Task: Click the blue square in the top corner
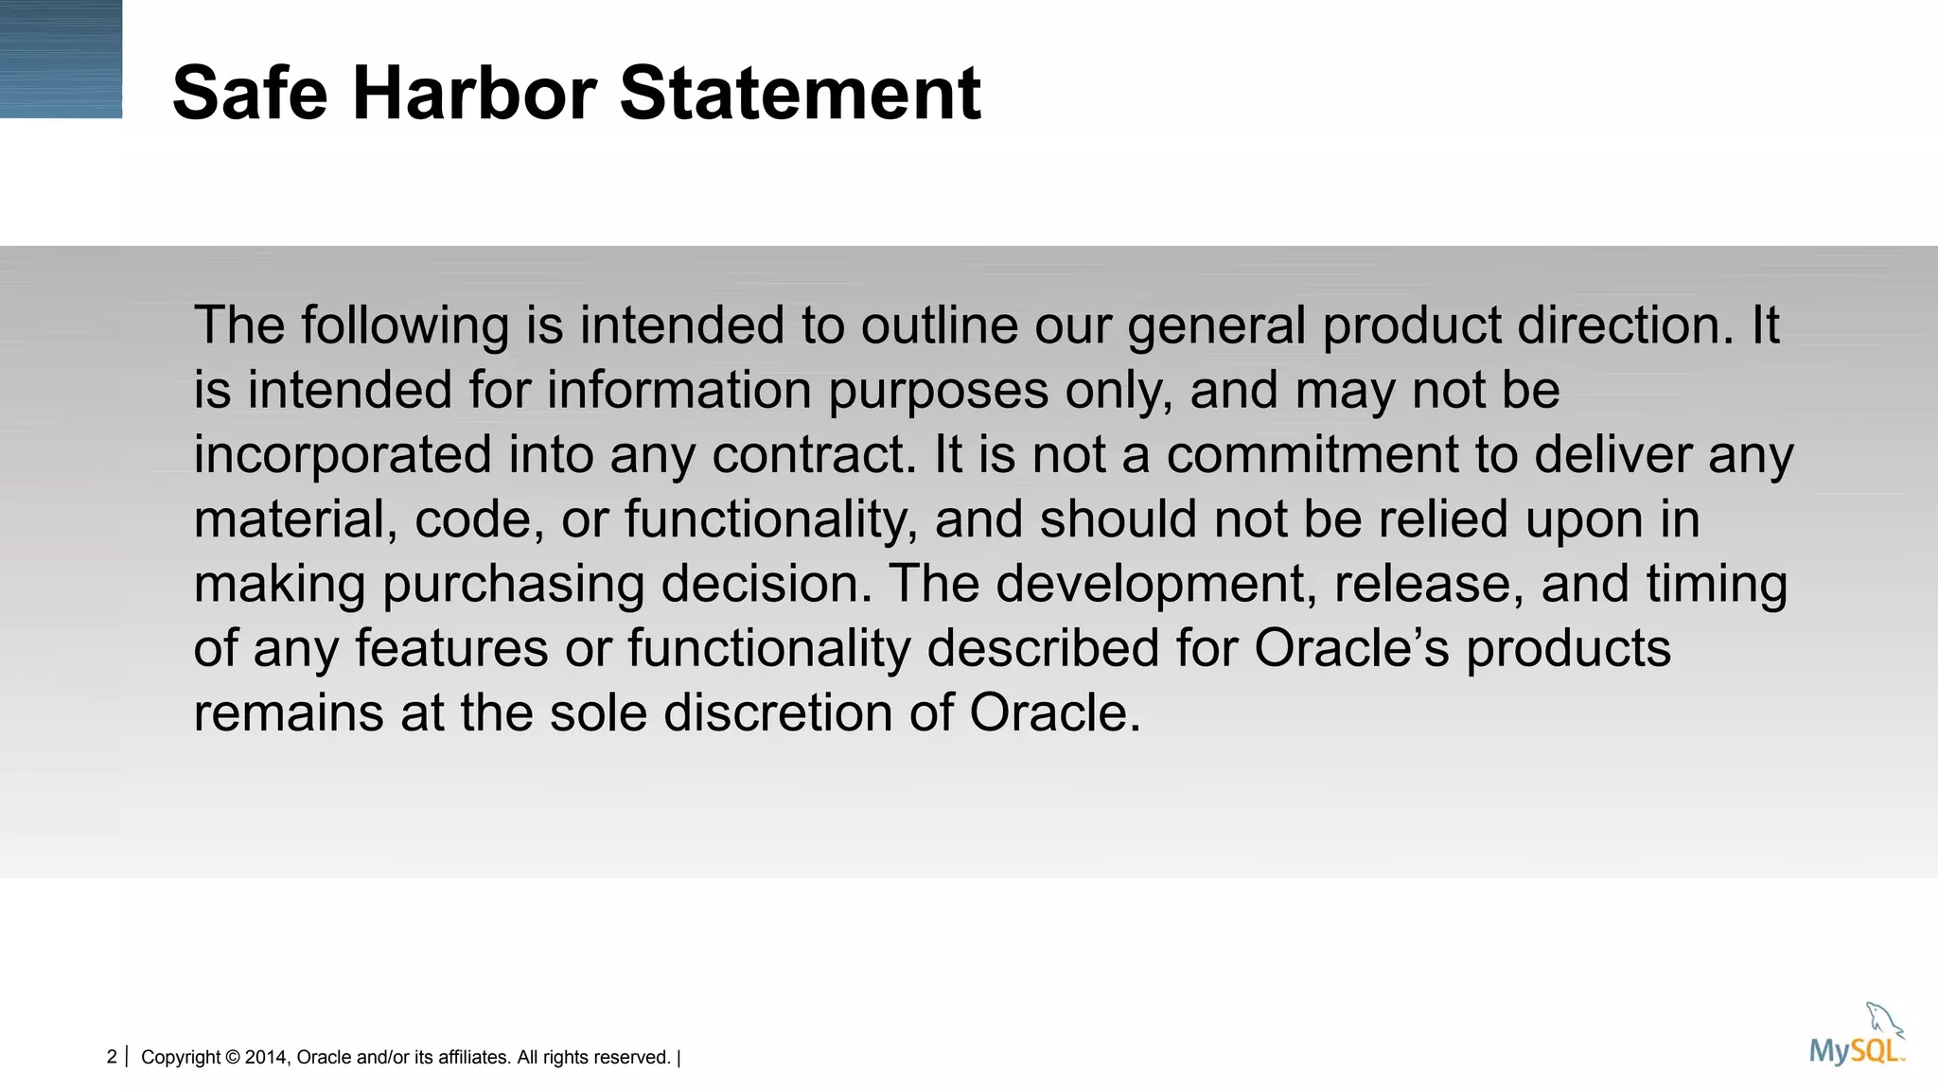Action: point(61,59)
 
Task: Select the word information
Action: point(678,390)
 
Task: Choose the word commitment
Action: point(1312,454)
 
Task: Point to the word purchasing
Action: point(513,585)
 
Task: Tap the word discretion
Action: point(778,712)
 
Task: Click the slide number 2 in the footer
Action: point(112,1057)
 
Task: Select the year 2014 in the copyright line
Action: point(265,1058)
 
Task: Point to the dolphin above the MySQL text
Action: point(1884,1020)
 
